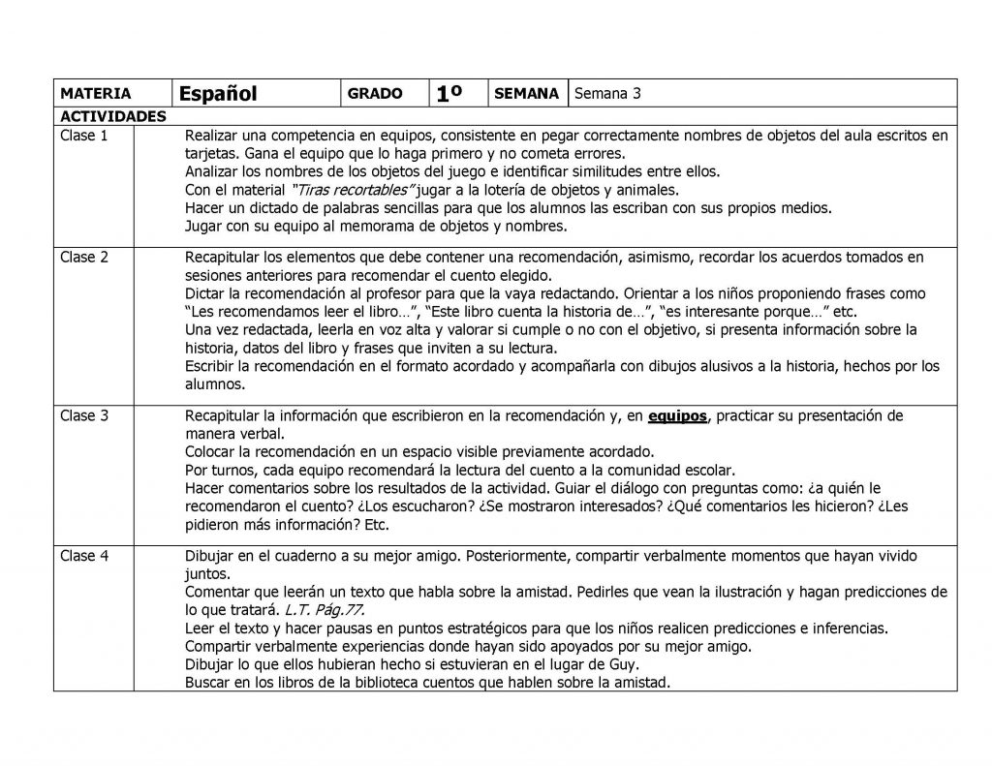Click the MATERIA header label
(95, 94)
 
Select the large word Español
(218, 93)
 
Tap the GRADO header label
(374, 94)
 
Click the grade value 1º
(452, 93)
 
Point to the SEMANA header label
(526, 94)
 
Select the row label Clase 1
(84, 136)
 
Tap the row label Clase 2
(84, 257)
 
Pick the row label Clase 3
(84, 415)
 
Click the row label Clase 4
(84, 556)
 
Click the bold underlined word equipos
(677, 416)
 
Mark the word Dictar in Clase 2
(205, 292)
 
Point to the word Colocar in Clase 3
(211, 452)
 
